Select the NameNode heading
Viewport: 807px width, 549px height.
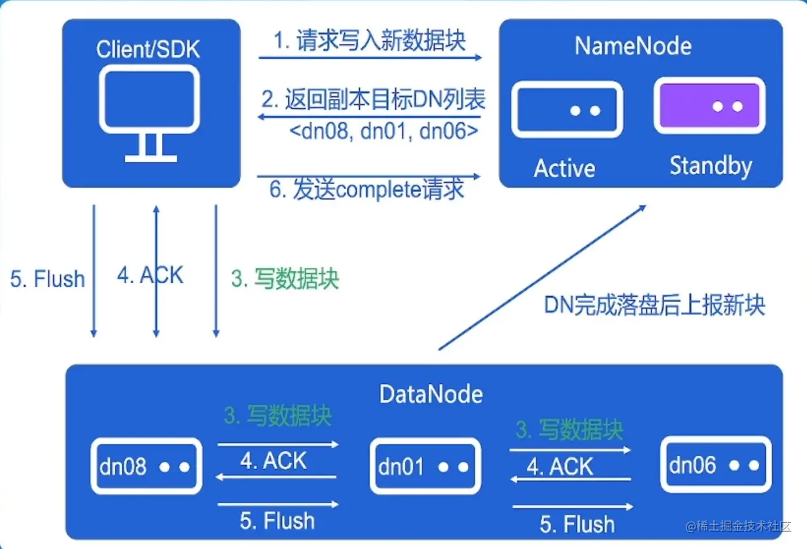pos(633,46)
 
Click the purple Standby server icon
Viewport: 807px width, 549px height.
pos(709,105)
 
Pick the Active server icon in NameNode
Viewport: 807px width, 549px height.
pos(566,109)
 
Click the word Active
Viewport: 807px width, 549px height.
pos(564,168)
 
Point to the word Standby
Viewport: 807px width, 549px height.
pos(711,166)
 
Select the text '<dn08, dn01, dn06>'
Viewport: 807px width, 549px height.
pos(384,131)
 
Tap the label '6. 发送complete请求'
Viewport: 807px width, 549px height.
pos(367,189)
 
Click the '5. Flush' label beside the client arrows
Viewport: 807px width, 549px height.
pos(48,279)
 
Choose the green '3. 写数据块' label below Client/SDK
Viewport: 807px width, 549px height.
pos(285,279)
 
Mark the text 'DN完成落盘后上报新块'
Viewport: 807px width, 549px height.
pos(654,305)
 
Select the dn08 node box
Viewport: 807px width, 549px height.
pos(146,466)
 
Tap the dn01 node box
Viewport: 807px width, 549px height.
pos(425,466)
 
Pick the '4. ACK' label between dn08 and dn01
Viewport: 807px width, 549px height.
pos(273,461)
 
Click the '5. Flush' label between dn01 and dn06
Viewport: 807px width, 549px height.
pos(577,524)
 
